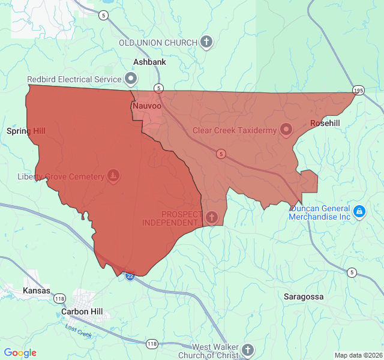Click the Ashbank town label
coord(149,62)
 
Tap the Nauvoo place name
coord(146,106)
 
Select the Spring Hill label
coord(26,130)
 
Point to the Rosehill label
coord(325,123)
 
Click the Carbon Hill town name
coord(82,312)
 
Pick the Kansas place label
coord(36,290)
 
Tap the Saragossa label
coord(304,297)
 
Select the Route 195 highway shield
coord(358,91)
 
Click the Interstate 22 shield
coord(130,275)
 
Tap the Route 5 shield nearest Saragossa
coord(352,272)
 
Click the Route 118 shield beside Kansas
coord(59,298)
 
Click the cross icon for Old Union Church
coord(206,42)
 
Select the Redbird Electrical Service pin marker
coord(131,79)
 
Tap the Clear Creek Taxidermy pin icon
coord(286,129)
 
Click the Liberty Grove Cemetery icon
coord(113,176)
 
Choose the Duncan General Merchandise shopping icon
coord(359,211)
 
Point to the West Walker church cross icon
coord(248,350)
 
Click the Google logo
coord(20,353)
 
